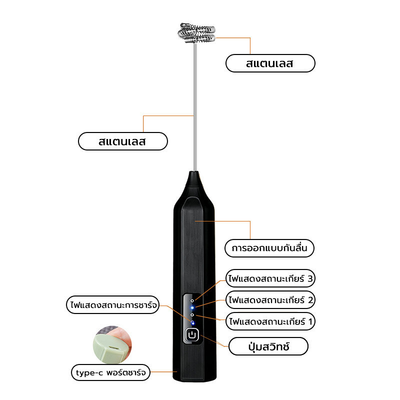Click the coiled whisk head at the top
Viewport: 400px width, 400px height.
196,33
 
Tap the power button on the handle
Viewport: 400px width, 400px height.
192,334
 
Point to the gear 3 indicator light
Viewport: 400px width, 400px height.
192,301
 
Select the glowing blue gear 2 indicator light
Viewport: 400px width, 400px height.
192,308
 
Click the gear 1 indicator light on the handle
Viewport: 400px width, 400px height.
192,315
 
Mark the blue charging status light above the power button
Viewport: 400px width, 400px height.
192,322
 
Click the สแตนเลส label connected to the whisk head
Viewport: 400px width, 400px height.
270,63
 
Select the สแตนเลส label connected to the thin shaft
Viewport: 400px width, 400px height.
122,141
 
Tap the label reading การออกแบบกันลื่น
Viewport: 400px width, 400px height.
269,248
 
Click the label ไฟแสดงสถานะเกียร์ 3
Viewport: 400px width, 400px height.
270,278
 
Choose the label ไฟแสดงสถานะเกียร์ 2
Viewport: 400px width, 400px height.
270,299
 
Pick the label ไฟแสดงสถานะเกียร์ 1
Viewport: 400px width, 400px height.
270,321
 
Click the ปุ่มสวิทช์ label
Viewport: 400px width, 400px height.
268,346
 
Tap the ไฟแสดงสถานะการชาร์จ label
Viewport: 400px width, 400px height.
113,305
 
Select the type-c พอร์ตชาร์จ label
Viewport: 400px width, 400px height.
110,372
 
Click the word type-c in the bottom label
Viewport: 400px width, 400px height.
89,373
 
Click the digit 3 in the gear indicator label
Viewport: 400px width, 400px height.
309,278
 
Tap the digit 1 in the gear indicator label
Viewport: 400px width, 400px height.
310,321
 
